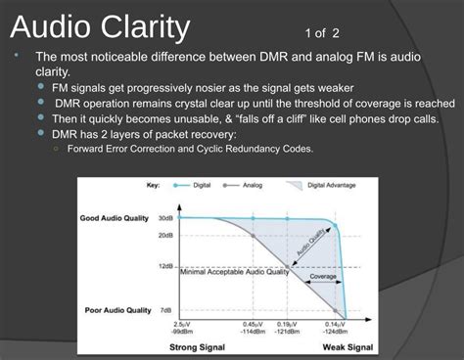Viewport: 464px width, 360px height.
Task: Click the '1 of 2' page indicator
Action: (x=324, y=32)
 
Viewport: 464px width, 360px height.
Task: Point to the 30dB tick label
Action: (x=165, y=218)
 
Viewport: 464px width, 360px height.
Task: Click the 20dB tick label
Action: (x=165, y=236)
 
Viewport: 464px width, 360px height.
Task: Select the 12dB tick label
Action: (x=165, y=266)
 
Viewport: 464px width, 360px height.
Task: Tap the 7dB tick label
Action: (x=167, y=310)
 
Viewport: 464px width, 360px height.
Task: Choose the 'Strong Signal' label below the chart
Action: (x=198, y=347)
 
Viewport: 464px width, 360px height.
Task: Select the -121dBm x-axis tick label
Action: (x=286, y=331)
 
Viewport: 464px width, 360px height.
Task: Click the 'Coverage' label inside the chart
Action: (x=324, y=276)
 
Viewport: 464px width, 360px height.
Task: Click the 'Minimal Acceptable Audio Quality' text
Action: (x=234, y=272)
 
